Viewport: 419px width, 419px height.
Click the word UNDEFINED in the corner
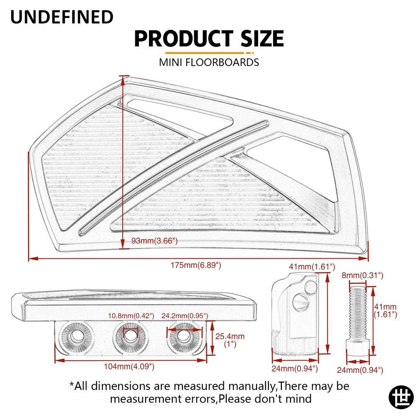62,16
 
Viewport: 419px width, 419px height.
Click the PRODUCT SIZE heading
209,38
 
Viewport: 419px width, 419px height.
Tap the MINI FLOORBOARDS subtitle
209,62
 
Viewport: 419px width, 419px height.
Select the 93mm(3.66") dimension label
154,241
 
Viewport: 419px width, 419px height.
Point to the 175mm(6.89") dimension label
196,265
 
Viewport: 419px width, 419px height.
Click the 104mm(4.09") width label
129,366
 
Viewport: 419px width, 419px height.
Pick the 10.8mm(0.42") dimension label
131,316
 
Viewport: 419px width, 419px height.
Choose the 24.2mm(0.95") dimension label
185,316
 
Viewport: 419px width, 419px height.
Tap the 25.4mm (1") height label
230,340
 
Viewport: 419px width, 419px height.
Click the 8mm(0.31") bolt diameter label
363,275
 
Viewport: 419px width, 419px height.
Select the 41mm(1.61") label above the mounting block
312,266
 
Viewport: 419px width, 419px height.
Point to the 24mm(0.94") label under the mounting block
295,369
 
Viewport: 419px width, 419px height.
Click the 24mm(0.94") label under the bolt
360,370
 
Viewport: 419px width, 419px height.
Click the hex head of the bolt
358,347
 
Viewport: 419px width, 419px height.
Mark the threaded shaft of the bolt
358,313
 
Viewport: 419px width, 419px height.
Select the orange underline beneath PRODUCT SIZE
209,53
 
